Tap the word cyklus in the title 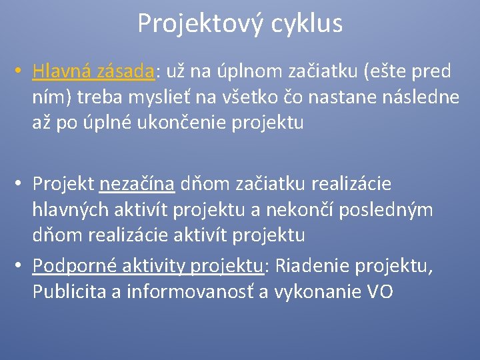[307, 24]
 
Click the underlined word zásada [126, 71]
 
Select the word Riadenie [307, 266]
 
